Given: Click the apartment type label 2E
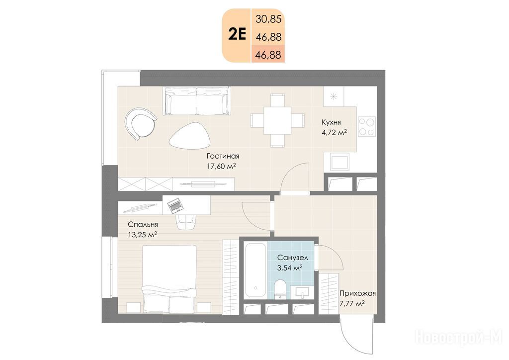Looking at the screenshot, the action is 237,34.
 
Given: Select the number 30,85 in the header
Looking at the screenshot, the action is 268,19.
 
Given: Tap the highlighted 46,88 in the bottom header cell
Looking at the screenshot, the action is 268,55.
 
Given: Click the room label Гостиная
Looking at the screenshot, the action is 223,156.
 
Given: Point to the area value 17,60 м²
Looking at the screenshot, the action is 221,167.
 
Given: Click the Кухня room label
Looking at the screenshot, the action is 331,122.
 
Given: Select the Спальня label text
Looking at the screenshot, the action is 143,224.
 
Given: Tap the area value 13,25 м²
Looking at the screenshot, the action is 143,235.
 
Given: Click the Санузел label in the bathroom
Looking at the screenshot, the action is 292,258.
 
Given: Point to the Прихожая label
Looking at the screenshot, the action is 357,294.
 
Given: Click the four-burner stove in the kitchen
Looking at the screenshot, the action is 367,126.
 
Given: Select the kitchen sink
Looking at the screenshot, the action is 339,161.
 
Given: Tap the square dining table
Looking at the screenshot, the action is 277,120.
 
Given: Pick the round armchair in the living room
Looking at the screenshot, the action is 140,124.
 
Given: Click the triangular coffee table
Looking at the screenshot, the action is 190,136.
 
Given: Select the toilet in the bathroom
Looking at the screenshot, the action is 280,288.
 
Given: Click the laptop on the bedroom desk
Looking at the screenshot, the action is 175,205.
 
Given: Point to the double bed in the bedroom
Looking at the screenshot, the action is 170,279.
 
